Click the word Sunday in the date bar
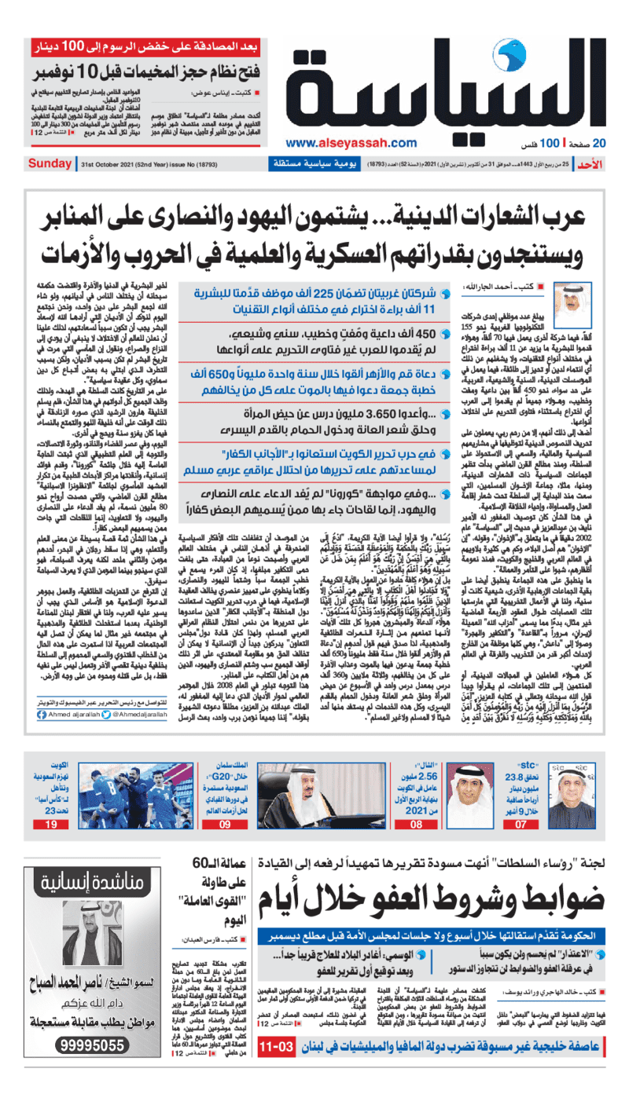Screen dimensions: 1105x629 [x=50, y=163]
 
